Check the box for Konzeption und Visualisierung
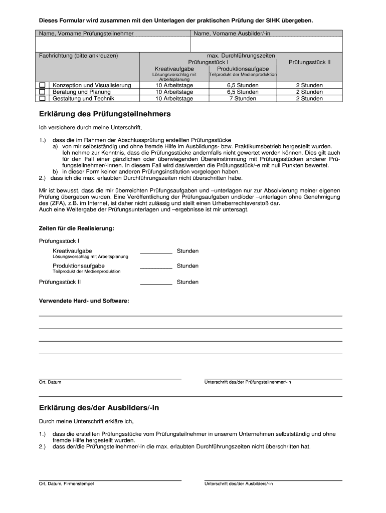pos(43,85)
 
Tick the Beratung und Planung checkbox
pos(43,92)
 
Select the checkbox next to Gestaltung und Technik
pos(43,98)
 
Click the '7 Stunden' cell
pos(243,99)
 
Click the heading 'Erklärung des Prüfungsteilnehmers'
pos(105,114)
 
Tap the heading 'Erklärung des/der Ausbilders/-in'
pos(99,408)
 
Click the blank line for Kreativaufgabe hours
pos(156,252)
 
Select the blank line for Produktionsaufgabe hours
pos(156,267)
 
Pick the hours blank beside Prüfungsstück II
pos(156,283)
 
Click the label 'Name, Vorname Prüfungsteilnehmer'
pos(86,34)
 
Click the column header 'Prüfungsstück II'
pos(309,62)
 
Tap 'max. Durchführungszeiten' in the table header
pos(241,56)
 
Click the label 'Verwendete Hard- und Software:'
pos(84,301)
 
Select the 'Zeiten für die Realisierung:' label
pos(77,228)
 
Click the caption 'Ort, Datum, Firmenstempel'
pos(66,484)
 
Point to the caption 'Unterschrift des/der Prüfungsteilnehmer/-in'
pos(248,382)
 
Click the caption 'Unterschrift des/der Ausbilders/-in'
pos(239,484)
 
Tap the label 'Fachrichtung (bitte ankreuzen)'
pos(79,56)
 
